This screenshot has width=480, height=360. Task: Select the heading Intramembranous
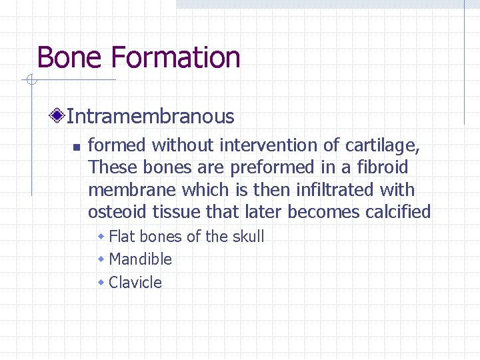[x=151, y=117]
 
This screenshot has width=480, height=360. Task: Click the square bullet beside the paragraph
[x=76, y=147]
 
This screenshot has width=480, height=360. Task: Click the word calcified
[x=399, y=212]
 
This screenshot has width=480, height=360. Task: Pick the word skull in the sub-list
[x=247, y=237]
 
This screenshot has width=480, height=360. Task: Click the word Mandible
[x=140, y=259]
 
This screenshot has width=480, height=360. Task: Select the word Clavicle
[x=135, y=283]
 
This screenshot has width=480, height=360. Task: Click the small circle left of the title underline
[x=31, y=81]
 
